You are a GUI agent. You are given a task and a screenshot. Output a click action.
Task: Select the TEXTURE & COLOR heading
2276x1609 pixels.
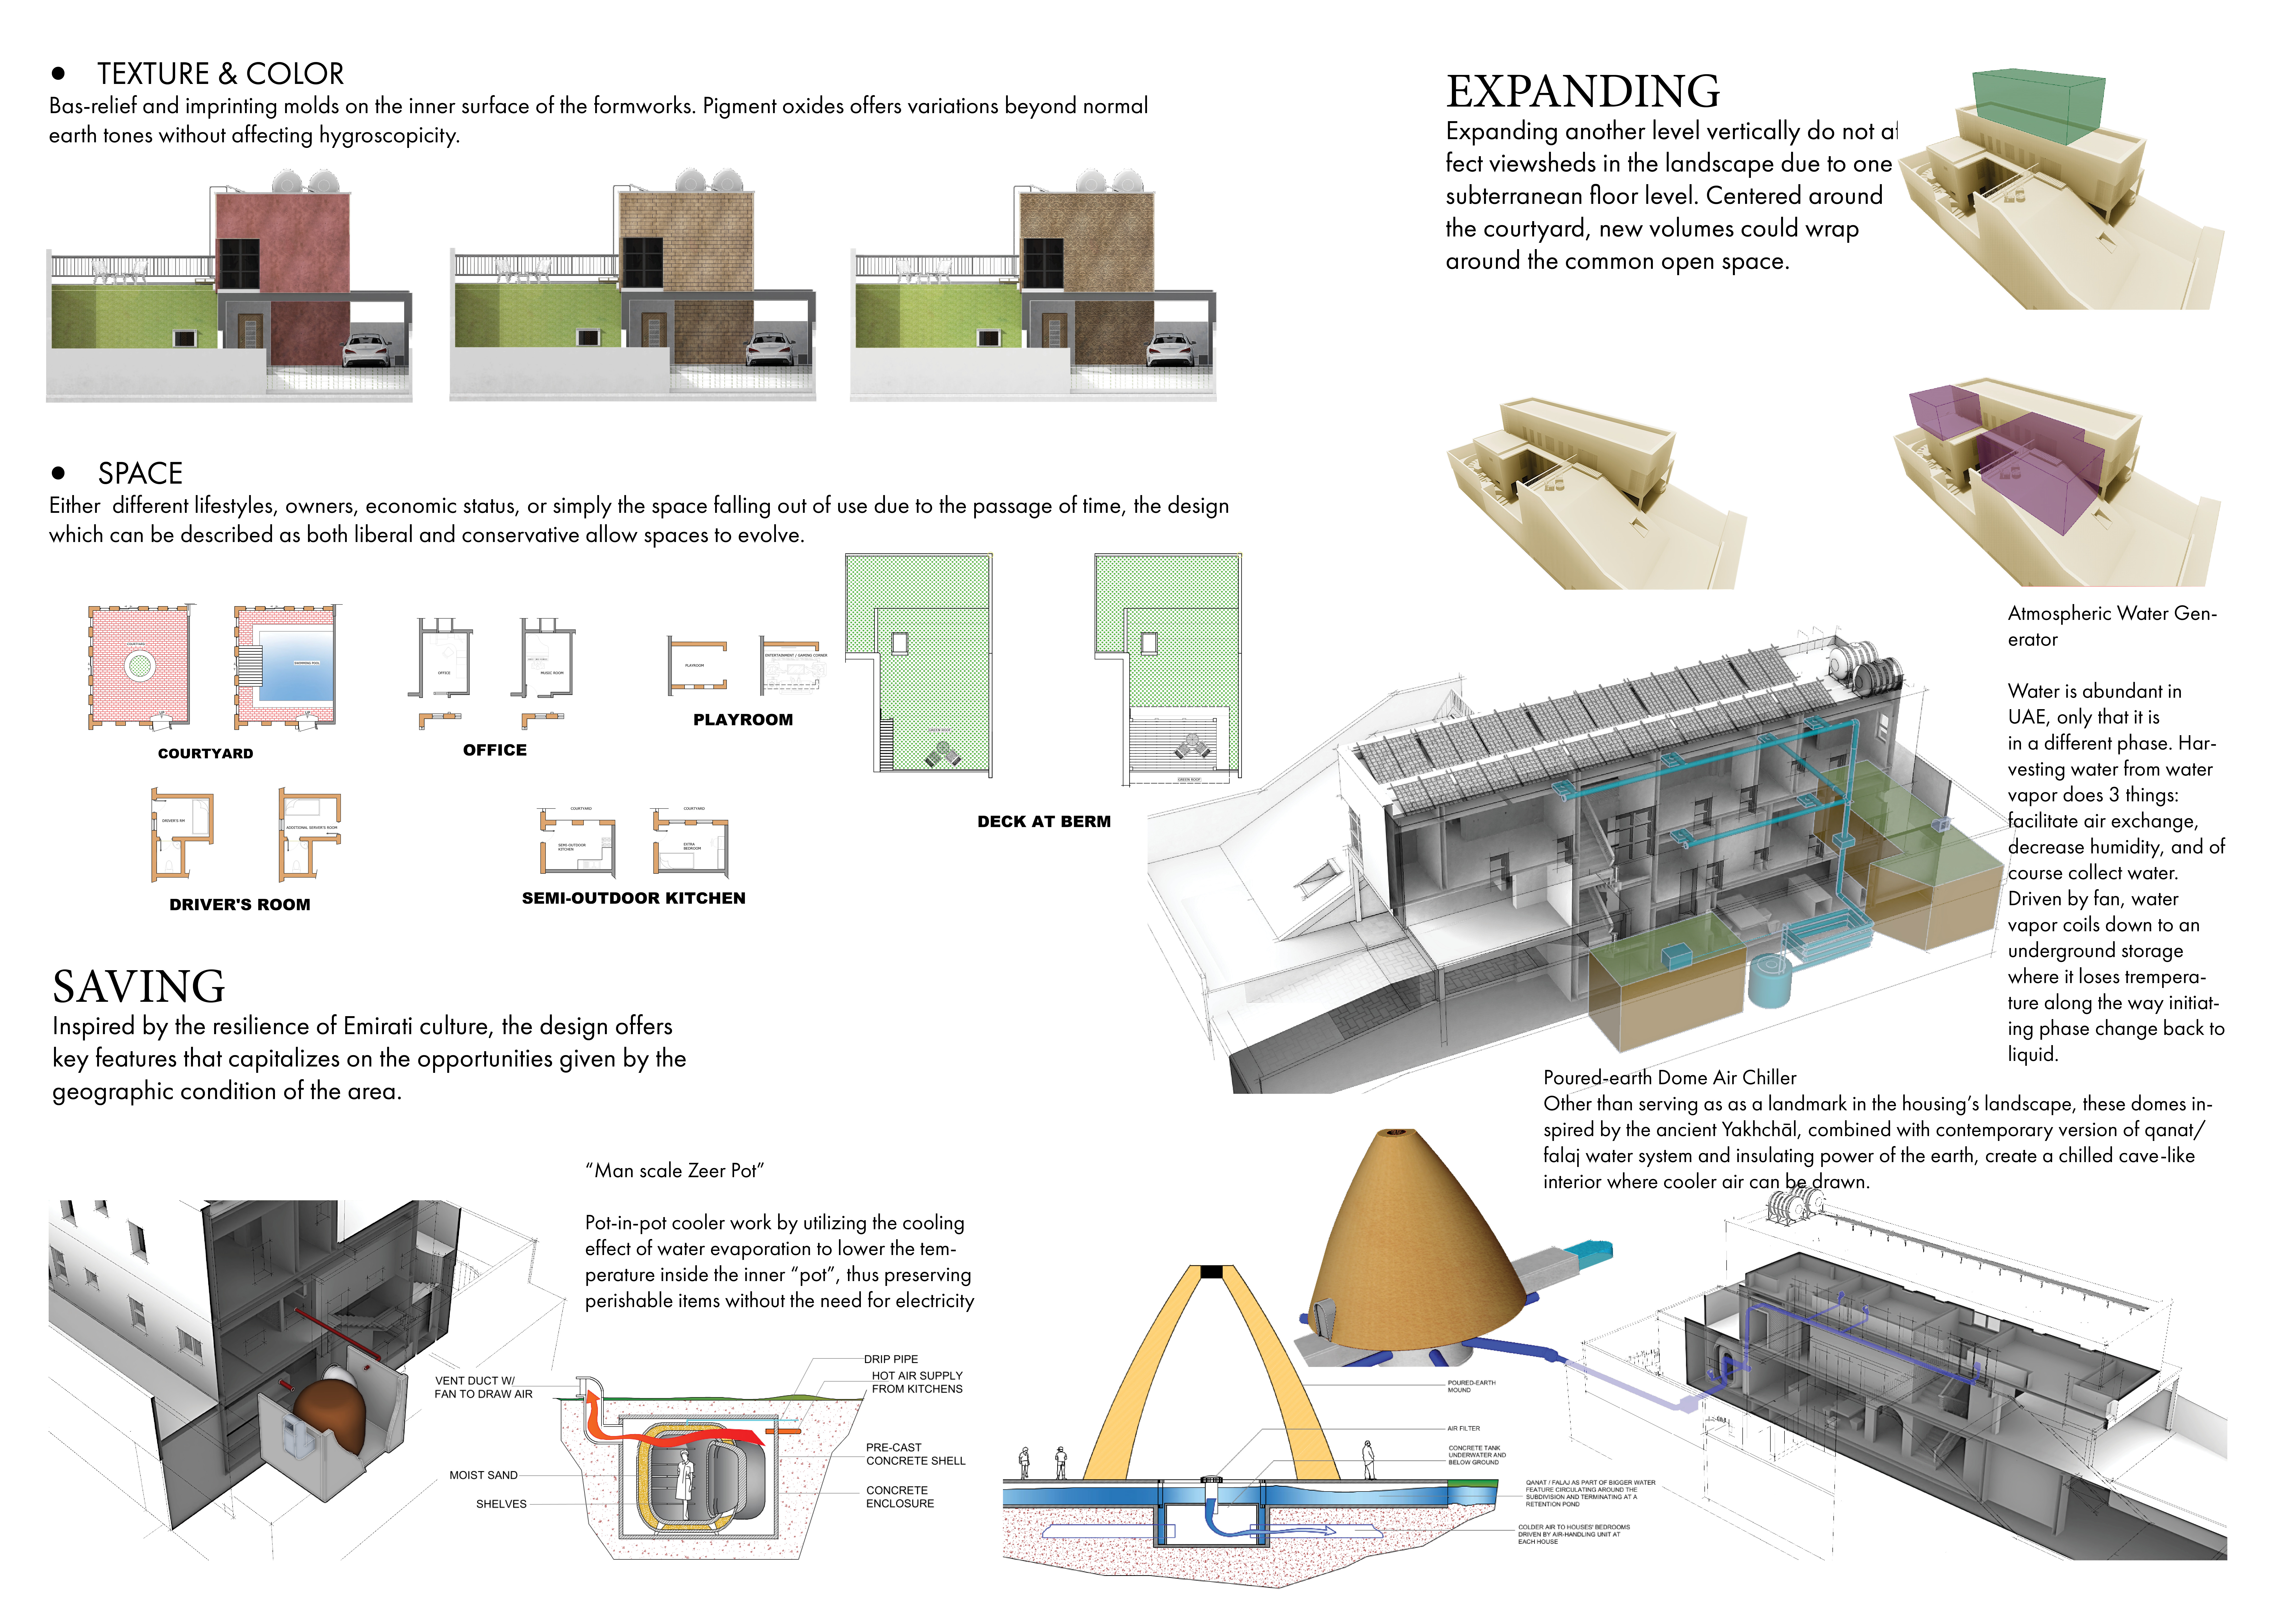tap(220, 74)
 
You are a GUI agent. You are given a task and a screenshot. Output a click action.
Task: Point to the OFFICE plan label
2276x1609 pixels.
tap(495, 750)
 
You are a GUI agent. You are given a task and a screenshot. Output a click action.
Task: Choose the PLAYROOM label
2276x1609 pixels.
tap(742, 720)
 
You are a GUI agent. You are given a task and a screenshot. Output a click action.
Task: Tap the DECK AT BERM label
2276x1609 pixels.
tap(1044, 822)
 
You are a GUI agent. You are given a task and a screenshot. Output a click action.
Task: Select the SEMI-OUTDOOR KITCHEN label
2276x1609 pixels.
tap(633, 898)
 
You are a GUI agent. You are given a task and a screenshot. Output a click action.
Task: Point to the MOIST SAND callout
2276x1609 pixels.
tap(483, 1475)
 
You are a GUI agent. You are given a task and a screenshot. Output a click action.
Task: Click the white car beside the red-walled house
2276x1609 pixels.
tap(368, 350)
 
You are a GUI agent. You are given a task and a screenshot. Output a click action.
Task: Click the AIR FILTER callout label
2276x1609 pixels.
tap(1463, 1428)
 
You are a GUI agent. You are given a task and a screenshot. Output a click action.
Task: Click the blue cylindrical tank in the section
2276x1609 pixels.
tap(1767, 981)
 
